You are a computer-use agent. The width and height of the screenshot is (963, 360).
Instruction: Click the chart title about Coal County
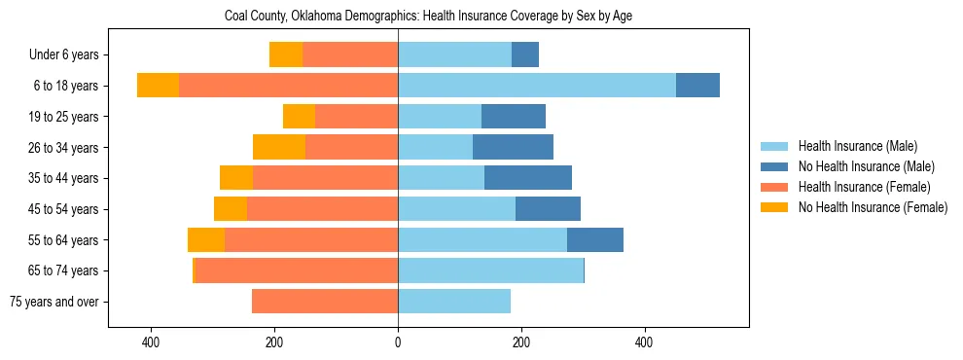click(x=428, y=17)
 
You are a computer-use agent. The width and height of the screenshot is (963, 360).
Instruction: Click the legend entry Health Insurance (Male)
click(x=857, y=146)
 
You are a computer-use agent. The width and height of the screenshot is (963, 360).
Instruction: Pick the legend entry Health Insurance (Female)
click(x=864, y=187)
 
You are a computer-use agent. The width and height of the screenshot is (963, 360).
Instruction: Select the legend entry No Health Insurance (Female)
click(x=873, y=207)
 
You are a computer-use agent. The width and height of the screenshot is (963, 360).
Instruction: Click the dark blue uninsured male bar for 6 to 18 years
click(x=697, y=86)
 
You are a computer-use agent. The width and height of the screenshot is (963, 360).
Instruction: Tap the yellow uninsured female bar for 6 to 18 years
click(x=158, y=86)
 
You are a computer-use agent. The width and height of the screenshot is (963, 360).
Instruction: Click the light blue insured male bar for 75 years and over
click(x=454, y=302)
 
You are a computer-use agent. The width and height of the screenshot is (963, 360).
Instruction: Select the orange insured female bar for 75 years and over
click(x=325, y=302)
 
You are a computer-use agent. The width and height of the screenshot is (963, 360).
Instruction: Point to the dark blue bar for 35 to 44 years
click(x=528, y=178)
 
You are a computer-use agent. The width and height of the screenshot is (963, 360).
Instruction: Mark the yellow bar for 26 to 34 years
click(x=279, y=147)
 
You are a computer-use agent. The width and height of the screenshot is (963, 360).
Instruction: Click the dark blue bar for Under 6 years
click(x=525, y=55)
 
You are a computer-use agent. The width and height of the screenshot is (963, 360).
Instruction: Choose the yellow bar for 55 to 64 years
click(x=206, y=239)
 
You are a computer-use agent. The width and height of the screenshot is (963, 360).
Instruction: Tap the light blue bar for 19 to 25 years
click(x=440, y=117)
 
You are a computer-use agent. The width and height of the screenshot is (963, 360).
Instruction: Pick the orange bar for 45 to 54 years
click(x=322, y=209)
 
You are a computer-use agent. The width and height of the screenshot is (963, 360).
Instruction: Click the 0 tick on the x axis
click(x=398, y=342)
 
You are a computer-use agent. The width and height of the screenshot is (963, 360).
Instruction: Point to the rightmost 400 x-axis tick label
click(x=644, y=342)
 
